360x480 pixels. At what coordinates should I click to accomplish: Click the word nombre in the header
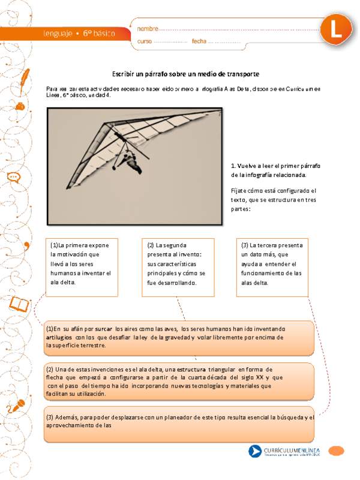[x=148, y=28]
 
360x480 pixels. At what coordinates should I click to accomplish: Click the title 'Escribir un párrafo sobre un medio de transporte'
[x=185, y=74]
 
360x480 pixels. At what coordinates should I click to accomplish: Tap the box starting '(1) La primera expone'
[x=81, y=263]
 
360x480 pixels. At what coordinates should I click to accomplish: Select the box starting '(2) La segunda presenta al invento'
[x=178, y=263]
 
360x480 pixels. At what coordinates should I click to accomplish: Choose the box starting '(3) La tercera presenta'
[x=272, y=263]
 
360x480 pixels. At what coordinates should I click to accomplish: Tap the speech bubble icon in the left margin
[x=14, y=178]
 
